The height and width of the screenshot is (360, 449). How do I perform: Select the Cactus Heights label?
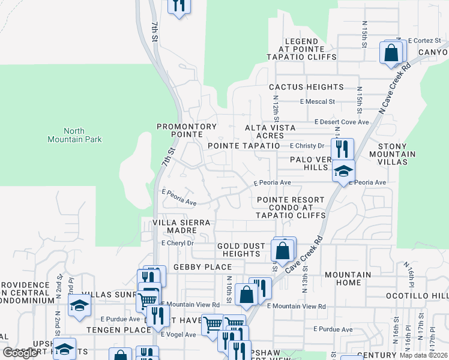(x=306, y=87)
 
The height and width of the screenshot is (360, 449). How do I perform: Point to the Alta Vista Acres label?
(x=270, y=131)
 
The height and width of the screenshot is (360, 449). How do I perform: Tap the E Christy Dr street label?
(x=307, y=146)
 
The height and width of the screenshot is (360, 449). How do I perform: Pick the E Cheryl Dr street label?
(x=178, y=243)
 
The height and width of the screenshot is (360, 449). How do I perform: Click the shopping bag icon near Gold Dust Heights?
(x=282, y=250)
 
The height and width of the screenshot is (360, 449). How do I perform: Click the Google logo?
(x=20, y=353)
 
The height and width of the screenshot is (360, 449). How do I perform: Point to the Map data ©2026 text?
(x=423, y=355)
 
